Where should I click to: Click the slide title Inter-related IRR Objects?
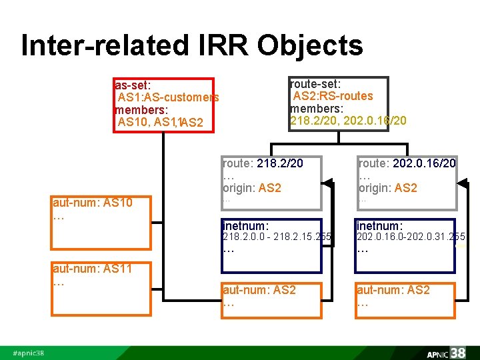point(192,45)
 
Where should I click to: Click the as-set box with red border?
point(163,105)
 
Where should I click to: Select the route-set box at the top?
point(348,103)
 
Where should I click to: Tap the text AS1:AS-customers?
point(168,97)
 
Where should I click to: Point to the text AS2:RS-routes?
point(333,96)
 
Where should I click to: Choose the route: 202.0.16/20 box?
point(407,179)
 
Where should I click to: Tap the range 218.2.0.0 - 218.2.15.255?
point(277,237)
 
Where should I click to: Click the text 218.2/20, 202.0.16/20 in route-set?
point(348,121)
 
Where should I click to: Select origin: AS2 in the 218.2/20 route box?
point(251,188)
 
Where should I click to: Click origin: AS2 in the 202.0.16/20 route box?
point(387,188)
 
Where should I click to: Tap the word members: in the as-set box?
point(141,109)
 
